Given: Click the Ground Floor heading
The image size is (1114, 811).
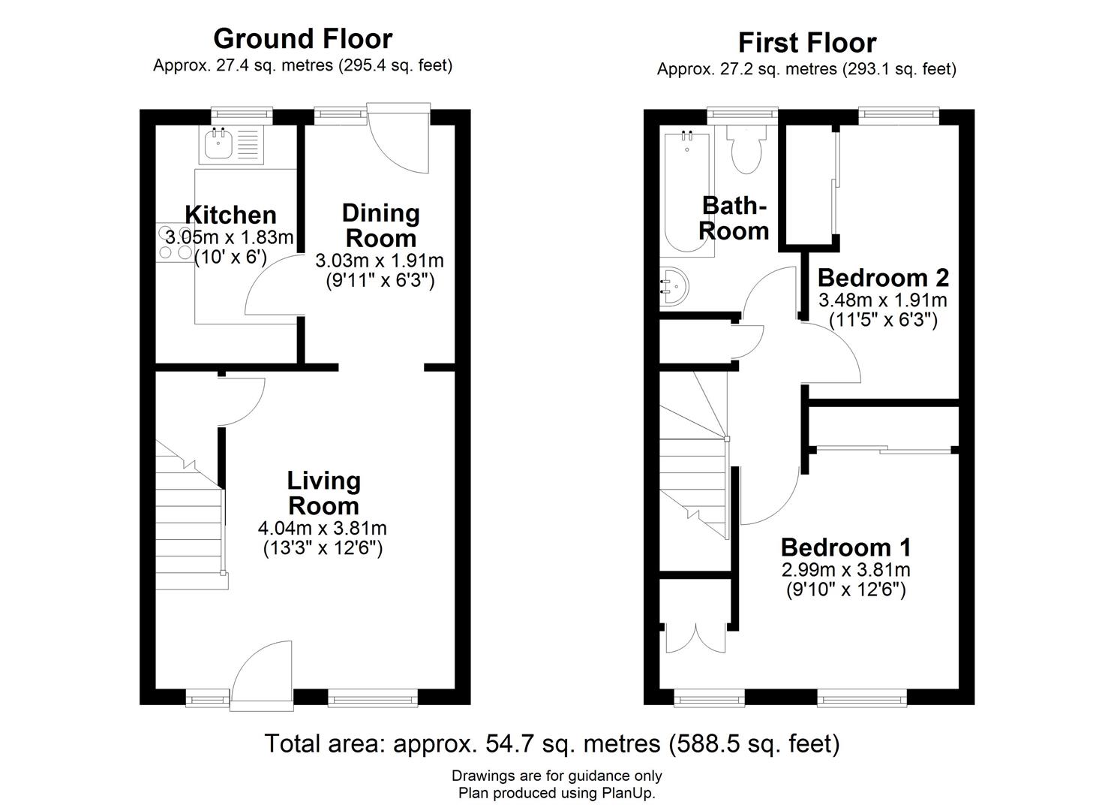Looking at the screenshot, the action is coord(303,39).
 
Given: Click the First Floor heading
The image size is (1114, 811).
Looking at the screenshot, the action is coord(806,42).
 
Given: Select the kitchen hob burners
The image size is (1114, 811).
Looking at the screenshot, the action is coord(175,243).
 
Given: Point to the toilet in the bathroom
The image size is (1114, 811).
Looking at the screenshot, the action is coord(746,149).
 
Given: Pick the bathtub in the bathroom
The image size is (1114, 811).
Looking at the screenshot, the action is coord(687,191).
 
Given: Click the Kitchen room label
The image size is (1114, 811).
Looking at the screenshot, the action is coord(230,215).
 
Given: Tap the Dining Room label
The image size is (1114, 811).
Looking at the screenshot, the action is coord(381,225).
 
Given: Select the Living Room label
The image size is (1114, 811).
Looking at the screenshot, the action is coord(324,493).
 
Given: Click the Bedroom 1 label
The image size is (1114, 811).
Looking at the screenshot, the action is coord(846,547).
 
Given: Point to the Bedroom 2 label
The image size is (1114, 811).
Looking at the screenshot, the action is coord(883,278).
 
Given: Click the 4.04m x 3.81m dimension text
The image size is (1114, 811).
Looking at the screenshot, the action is coord(323,528).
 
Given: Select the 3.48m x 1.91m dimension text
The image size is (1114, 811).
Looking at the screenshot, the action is coord(883,300).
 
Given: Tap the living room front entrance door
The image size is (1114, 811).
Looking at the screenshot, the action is coord(262,676).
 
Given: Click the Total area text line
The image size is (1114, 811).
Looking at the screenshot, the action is coord(552,743).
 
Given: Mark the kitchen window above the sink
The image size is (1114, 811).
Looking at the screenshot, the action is coord(242,116).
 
